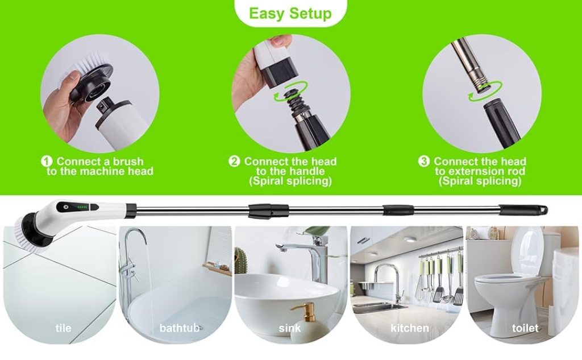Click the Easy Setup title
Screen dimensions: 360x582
coord(290,13)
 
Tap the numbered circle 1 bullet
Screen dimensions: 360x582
coord(48,162)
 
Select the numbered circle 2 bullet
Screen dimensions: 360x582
coord(234,162)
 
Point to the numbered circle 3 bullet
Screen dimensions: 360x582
coord(424,162)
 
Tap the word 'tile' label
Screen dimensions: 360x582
coord(63,328)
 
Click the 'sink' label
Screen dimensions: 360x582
coord(290,328)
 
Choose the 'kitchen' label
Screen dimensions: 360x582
coord(409,328)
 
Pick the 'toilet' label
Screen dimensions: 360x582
coord(525,328)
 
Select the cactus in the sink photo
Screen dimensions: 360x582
coord(242,260)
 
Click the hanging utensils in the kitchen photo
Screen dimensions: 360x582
coord(440,279)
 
